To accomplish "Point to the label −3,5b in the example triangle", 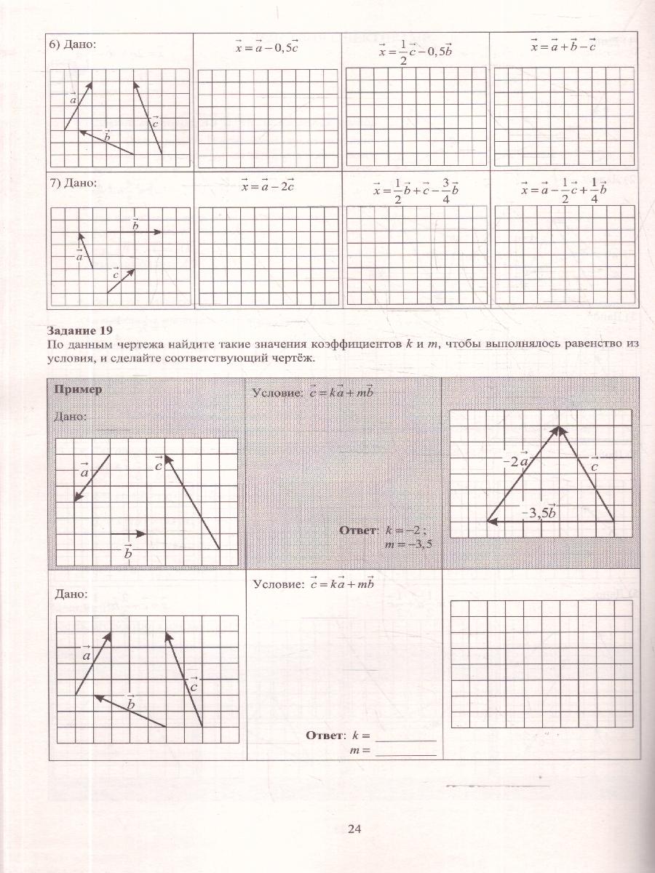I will coord(539,511).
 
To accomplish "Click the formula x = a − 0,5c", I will coord(268,47).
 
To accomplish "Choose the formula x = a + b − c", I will coord(563,46).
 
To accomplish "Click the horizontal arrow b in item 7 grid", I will coord(135,231).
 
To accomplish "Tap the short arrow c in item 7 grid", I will coord(122,282).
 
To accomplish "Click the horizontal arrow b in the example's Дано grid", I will coord(128,534).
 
